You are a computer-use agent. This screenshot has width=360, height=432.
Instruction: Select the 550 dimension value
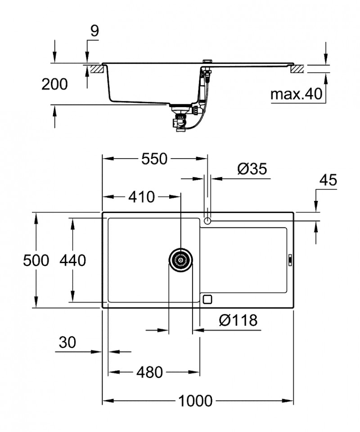(x=154, y=159)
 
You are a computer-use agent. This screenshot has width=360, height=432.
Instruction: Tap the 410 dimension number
(x=141, y=196)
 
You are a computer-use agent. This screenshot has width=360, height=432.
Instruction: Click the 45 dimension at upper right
(x=328, y=180)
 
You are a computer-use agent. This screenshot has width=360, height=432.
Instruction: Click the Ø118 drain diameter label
(x=238, y=320)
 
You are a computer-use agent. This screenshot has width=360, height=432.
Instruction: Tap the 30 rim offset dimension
(x=67, y=343)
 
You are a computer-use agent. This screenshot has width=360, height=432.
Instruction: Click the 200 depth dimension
(x=54, y=84)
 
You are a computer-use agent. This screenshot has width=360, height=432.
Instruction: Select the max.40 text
(x=297, y=94)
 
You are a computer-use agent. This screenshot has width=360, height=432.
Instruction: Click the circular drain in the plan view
(x=181, y=260)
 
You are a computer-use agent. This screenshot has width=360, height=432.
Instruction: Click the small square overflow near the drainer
(x=207, y=299)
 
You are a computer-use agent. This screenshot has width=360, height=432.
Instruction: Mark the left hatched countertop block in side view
(x=97, y=69)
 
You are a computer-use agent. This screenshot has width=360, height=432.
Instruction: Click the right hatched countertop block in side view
(x=297, y=69)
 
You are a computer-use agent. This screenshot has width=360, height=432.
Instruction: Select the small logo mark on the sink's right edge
(x=290, y=260)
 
